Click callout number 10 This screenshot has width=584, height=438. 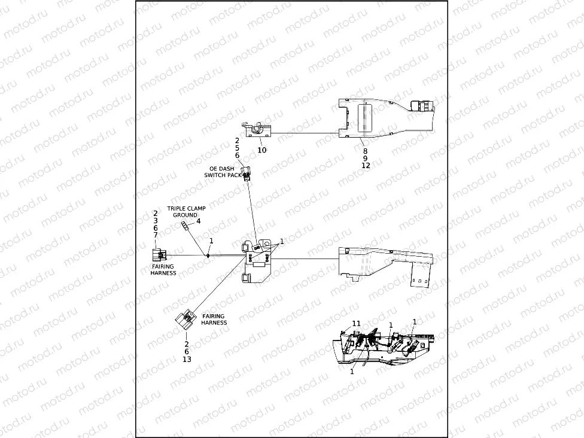click(261, 150)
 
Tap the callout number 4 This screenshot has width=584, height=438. click(199, 221)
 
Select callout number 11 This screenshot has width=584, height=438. click(357, 323)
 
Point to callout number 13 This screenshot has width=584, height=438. click(187, 359)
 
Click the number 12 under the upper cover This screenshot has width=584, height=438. click(366, 166)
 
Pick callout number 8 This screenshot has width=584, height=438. click(366, 151)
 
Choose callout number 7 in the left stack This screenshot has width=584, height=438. click(156, 235)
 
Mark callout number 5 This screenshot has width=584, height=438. click(237, 148)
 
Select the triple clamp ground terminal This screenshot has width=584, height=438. click(185, 224)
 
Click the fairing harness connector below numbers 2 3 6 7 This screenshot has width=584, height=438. click(156, 256)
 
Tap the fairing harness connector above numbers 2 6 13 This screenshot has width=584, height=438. click(187, 320)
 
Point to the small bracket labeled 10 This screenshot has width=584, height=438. click(258, 129)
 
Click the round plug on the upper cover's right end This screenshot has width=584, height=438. click(423, 107)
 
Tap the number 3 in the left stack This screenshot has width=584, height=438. click(156, 221)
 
